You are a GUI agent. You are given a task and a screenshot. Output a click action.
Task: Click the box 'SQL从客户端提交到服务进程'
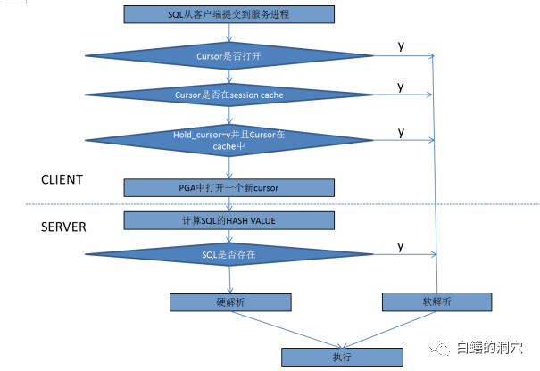[228, 15]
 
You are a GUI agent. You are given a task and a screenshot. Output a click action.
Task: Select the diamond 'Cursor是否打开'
[229, 56]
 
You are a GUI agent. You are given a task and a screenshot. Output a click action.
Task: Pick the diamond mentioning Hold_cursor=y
[229, 140]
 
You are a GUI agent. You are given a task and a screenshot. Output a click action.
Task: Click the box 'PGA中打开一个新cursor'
[228, 187]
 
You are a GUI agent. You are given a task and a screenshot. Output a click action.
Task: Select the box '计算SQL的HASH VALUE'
[228, 220]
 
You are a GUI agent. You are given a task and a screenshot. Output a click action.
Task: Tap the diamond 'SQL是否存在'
[229, 255]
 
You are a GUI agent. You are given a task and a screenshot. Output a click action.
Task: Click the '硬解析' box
[229, 302]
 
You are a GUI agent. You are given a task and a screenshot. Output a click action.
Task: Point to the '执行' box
[344, 356]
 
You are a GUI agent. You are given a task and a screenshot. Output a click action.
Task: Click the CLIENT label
[62, 179]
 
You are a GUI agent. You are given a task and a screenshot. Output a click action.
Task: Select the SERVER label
[63, 227]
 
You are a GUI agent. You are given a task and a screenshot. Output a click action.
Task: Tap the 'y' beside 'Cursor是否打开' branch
[401, 45]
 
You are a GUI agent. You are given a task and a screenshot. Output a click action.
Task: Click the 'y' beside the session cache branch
[401, 87]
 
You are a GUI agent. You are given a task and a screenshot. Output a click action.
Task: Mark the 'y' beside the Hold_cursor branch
[401, 132]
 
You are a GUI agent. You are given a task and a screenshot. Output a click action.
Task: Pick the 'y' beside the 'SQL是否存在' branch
[401, 245]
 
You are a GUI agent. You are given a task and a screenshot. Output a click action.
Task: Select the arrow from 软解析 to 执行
[393, 327]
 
